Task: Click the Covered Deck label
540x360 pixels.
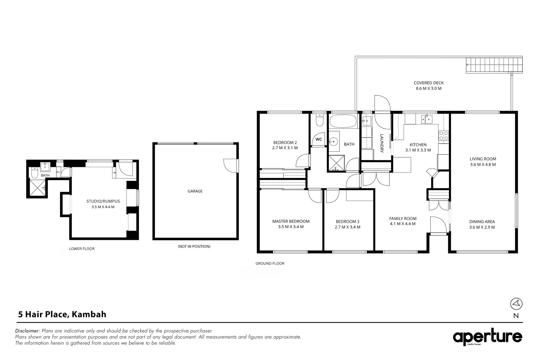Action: click(429, 83)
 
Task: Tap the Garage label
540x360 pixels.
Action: click(195, 191)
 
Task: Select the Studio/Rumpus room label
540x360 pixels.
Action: click(103, 201)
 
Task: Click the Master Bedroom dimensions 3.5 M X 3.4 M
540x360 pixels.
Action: click(291, 227)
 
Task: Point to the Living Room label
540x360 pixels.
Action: click(483, 159)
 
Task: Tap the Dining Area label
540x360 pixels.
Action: click(482, 222)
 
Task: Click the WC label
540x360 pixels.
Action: click(319, 139)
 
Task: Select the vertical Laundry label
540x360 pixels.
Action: click(382, 143)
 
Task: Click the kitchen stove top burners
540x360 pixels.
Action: click(444, 135)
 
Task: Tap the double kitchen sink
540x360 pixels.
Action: click(427, 119)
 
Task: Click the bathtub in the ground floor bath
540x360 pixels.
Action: click(343, 121)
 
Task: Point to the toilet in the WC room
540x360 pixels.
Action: click(319, 120)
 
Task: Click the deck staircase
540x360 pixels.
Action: click(494, 65)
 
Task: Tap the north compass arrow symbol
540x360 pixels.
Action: click(516, 304)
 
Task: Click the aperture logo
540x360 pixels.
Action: click(487, 337)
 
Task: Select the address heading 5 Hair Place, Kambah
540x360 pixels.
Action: click(62, 314)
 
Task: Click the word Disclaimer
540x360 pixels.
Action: click(27, 331)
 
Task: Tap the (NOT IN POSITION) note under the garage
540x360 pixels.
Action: click(194, 246)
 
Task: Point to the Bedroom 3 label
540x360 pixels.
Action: click(347, 222)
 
